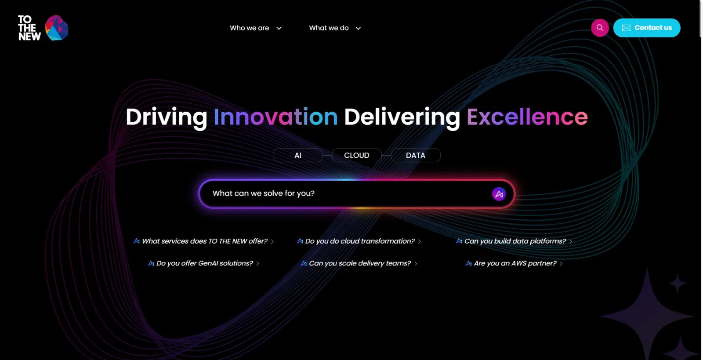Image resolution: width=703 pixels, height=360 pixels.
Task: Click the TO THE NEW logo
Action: tap(43, 28)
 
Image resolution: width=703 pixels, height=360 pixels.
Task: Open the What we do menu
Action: tap(334, 28)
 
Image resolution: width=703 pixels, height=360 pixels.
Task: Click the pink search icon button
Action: tap(600, 28)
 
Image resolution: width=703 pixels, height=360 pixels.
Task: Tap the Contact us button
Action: tap(647, 28)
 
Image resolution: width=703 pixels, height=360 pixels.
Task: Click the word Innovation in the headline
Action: tap(275, 117)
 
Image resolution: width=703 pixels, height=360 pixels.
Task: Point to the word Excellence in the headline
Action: tap(527, 117)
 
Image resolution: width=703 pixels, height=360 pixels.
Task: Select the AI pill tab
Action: tap(297, 155)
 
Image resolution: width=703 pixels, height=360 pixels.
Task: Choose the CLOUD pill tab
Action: tap(356, 155)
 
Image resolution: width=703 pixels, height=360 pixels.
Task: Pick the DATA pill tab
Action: tap(415, 155)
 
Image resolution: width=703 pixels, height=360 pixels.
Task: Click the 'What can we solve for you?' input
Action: tap(343, 193)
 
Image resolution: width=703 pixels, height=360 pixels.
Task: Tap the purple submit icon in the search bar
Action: tap(499, 194)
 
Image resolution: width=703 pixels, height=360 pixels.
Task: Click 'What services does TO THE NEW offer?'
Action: tap(204, 241)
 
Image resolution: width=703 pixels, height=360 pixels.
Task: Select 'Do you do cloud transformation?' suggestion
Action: tap(359, 241)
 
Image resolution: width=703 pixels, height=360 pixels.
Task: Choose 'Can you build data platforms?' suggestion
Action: tap(515, 241)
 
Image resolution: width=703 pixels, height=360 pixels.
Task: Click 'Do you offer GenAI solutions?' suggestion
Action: tap(204, 263)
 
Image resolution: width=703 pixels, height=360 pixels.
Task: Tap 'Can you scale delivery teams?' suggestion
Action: tap(359, 263)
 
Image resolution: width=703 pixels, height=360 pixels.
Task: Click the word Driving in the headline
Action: tap(166, 117)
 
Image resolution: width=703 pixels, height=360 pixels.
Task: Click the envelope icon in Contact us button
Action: tap(626, 28)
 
